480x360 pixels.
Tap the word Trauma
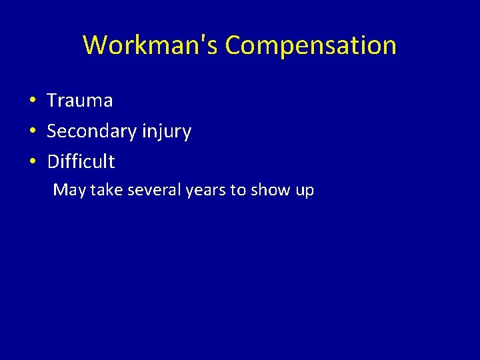[80, 101]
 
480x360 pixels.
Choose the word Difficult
[81, 161]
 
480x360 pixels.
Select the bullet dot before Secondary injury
[32, 132]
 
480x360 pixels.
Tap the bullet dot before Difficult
[32, 162]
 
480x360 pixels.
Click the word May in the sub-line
[69, 191]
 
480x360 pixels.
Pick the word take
[106, 190]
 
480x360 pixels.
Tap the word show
[271, 190]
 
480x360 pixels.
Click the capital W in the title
[95, 45]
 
